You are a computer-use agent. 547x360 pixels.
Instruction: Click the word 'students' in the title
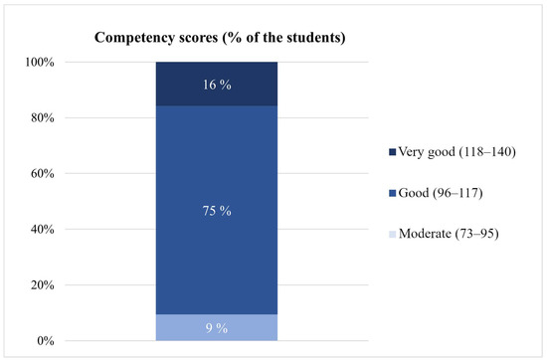pos(304,39)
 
